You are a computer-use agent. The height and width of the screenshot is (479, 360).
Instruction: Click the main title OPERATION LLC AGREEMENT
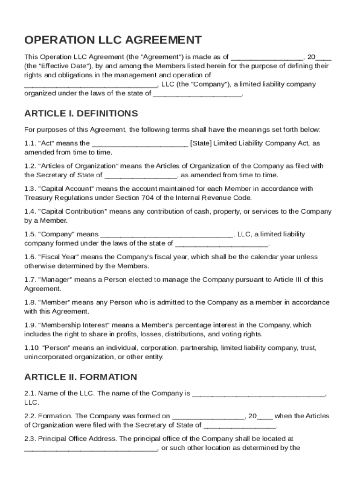point(113,40)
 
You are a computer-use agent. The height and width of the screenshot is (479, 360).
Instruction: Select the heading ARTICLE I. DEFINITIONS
point(81,114)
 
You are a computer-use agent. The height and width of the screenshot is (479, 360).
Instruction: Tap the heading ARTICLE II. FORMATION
point(80,377)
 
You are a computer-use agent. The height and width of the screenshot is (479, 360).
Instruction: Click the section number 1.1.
point(29,144)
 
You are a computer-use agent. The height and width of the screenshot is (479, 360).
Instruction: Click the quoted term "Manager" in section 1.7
point(54,280)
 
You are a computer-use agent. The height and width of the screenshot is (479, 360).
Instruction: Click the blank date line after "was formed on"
point(208,416)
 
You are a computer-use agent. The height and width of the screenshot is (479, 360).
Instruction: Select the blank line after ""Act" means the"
point(140,144)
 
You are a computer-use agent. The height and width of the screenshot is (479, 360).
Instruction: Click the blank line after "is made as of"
point(267,57)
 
